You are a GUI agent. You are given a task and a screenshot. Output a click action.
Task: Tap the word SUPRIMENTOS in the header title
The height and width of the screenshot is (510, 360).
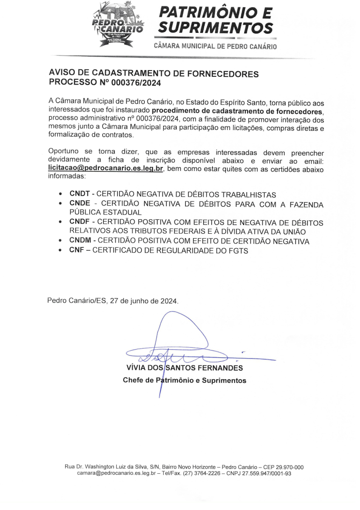215,27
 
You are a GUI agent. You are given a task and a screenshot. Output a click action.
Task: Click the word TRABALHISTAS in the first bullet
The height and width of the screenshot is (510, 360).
248,194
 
